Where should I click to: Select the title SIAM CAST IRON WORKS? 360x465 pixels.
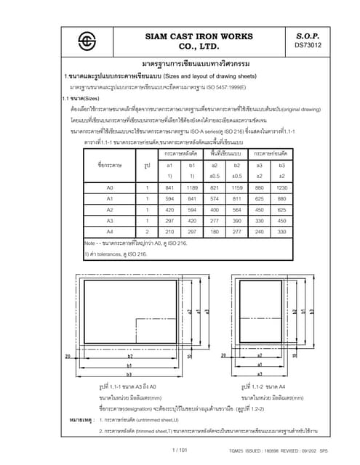click(x=188, y=33)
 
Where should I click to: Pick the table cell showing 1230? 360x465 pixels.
click(x=281, y=187)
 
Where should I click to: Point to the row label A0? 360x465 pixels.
click(x=110, y=187)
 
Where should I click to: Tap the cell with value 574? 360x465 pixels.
click(x=216, y=198)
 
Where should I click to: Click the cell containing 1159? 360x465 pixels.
click(x=237, y=187)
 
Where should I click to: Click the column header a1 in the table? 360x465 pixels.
click(x=170, y=166)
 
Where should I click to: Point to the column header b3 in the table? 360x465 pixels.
click(x=281, y=166)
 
